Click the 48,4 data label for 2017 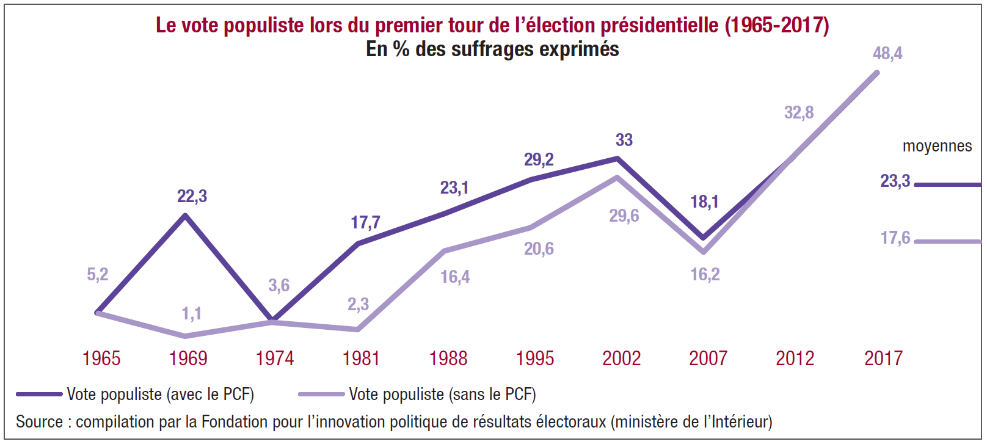(887, 54)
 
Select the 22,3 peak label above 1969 (192, 196)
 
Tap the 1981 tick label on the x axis (361, 358)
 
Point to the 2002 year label (621, 358)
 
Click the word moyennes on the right (937, 146)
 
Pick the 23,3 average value (895, 181)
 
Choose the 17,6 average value (895, 238)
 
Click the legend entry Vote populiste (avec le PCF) (160, 395)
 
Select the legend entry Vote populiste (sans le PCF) (442, 395)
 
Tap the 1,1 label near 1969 (191, 314)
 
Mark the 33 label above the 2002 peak (624, 140)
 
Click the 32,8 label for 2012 (799, 112)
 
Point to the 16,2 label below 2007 (705, 274)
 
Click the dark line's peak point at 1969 (185, 215)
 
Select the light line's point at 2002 (617, 178)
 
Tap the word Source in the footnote (39, 422)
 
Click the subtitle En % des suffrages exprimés (492, 49)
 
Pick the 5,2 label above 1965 (98, 274)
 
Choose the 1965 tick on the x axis (101, 358)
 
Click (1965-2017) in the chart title (777, 25)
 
